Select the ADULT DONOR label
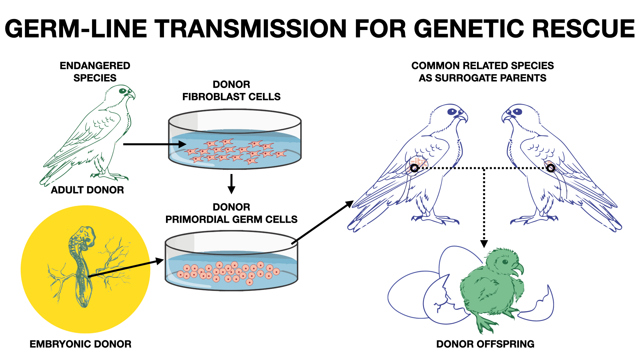[87, 190]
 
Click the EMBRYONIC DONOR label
[80, 344]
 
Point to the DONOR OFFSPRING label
[485, 344]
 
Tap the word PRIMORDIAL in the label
[197, 219]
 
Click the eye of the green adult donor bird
[123, 91]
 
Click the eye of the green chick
[505, 262]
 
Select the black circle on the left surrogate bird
[414, 168]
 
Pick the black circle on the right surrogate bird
[551, 168]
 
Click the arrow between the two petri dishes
[231, 184]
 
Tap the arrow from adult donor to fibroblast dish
[155, 144]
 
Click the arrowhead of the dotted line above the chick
[484, 244]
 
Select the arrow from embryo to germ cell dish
[126, 268]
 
